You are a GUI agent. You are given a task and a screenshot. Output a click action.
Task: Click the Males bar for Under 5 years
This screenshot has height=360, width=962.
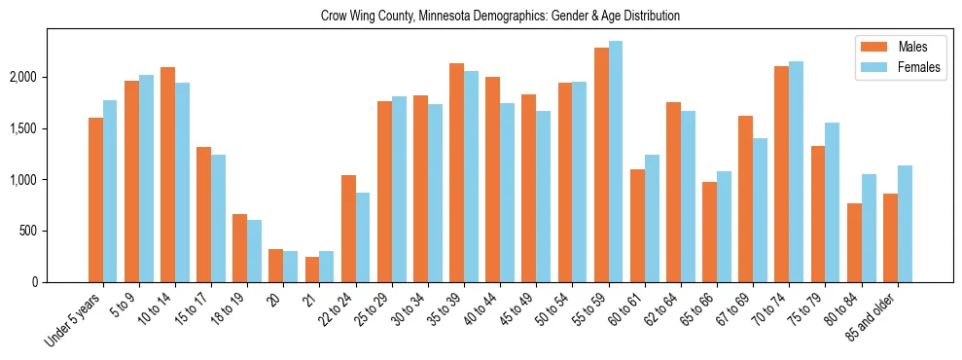[x=95, y=200]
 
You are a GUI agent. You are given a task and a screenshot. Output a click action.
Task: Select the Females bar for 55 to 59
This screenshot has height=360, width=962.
[x=616, y=162]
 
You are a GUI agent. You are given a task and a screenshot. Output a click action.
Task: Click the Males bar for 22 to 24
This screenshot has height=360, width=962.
[x=348, y=229]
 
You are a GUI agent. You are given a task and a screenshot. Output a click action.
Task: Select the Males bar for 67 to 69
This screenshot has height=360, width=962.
[x=745, y=199]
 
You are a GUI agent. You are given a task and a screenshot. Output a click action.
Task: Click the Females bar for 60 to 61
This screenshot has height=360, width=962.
[x=652, y=219]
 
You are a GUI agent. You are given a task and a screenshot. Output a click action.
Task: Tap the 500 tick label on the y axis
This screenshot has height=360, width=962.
[x=54, y=232]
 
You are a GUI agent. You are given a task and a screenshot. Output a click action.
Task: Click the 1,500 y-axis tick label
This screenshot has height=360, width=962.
[x=50, y=128]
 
